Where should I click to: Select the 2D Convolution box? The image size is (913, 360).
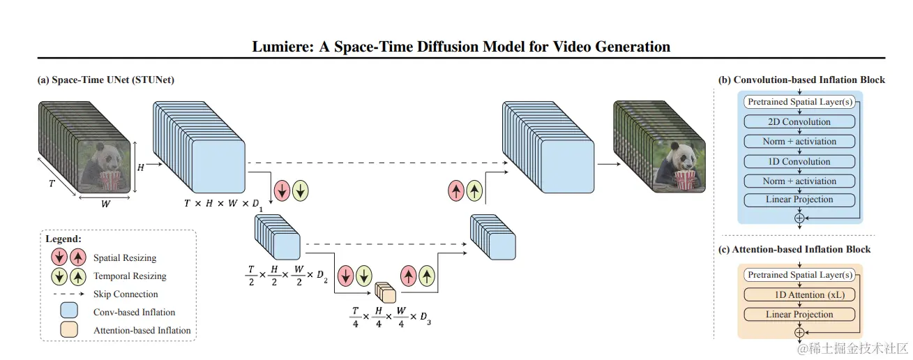click(799, 121)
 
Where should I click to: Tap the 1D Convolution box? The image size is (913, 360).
click(799, 161)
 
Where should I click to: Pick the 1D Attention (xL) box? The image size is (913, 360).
click(799, 294)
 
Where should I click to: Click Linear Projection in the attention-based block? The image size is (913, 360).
click(799, 314)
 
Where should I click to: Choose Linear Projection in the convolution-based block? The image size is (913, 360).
click(799, 200)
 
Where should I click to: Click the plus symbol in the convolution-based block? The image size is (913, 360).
click(799, 218)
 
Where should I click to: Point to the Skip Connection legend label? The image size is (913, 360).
click(126, 294)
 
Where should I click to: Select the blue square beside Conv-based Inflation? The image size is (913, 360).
click(68, 311)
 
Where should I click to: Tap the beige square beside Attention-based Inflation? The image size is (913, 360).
click(68, 329)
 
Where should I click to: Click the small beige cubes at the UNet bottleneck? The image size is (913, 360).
click(385, 292)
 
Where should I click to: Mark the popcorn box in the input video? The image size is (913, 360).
click(110, 180)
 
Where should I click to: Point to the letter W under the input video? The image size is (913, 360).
click(105, 205)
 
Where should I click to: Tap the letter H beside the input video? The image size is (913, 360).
click(139, 167)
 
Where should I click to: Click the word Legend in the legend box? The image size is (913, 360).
click(63, 239)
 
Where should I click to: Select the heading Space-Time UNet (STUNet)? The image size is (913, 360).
click(105, 80)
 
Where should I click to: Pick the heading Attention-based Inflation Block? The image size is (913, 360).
click(794, 249)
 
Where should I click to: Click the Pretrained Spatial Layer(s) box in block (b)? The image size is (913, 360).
click(799, 102)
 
